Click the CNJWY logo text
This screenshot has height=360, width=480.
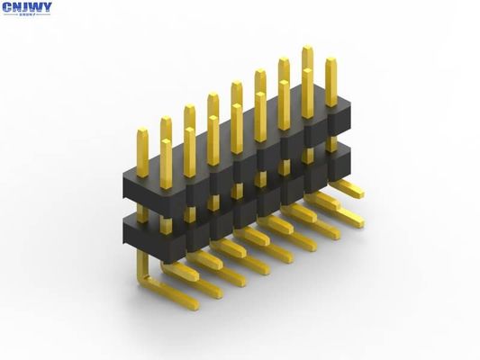coord(27,8)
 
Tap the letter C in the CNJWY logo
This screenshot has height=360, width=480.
coord(7,7)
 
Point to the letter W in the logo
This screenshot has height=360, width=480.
coord(36,7)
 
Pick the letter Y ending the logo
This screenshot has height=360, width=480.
coord(47,7)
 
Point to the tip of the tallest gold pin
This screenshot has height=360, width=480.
coord(307,49)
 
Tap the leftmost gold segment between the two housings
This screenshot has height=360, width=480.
coord(142,213)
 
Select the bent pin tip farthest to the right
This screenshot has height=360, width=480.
coord(358,191)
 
